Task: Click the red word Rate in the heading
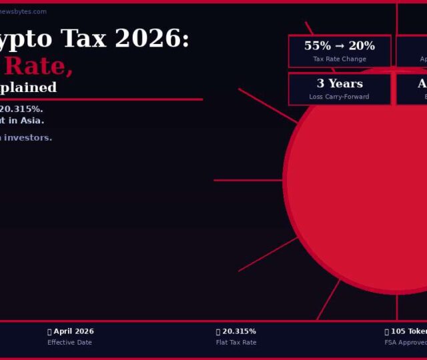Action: [x=38, y=66]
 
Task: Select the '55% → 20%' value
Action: [x=339, y=46]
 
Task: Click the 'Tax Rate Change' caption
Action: [x=339, y=59]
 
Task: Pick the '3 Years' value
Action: [x=339, y=84]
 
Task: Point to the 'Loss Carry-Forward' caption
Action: [x=339, y=97]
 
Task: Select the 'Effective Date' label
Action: [x=69, y=343]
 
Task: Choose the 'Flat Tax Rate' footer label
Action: [x=236, y=343]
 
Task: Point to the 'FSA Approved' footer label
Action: [x=406, y=343]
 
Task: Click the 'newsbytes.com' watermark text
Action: [x=24, y=11]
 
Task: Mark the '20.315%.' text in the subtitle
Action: [x=21, y=109]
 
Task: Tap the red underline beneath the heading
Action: [x=100, y=99]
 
